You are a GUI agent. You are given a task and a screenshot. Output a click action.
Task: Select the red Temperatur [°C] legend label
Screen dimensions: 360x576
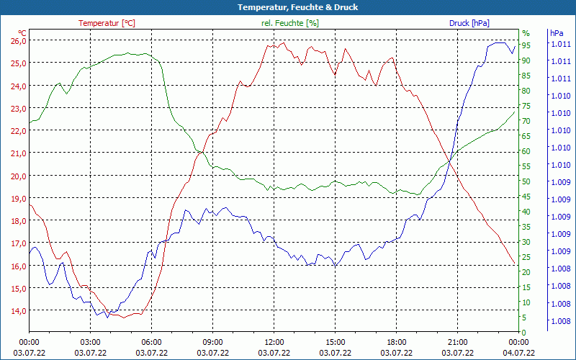(x=107, y=23)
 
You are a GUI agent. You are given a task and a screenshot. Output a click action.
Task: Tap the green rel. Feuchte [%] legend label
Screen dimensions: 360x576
(x=289, y=23)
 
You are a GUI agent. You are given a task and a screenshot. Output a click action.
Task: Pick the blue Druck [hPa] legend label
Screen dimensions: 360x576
(x=469, y=23)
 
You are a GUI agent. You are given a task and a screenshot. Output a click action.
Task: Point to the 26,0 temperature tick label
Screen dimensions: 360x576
(x=18, y=40)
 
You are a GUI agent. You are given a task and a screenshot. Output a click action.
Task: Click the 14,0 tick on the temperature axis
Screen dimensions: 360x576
(x=18, y=310)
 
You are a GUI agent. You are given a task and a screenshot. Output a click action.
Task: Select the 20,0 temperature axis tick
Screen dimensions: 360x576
(x=18, y=176)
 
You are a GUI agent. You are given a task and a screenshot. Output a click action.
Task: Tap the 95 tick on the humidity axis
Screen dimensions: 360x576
(x=526, y=45)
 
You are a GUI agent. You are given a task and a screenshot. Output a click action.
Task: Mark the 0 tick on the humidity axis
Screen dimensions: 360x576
(x=524, y=333)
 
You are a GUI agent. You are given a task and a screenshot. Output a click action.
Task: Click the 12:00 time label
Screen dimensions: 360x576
(x=274, y=342)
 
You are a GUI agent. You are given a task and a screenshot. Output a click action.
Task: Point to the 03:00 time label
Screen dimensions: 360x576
(x=90, y=342)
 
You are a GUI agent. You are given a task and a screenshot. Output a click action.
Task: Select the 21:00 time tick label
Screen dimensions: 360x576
(x=458, y=342)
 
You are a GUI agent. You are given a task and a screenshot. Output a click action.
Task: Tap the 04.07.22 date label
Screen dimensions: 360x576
(x=519, y=353)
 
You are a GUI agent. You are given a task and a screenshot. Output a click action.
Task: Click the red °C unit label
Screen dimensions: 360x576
(x=22, y=32)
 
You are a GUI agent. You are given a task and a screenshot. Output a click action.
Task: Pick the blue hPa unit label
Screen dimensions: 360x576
(x=557, y=33)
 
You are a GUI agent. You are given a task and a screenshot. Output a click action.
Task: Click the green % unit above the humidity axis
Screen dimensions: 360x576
(x=526, y=33)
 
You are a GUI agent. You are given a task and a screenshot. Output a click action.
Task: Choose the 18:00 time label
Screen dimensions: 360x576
(x=397, y=342)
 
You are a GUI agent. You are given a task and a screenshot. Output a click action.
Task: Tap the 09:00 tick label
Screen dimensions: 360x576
(x=213, y=342)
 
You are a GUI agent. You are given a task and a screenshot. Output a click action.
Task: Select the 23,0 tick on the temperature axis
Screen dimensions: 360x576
(x=18, y=108)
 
